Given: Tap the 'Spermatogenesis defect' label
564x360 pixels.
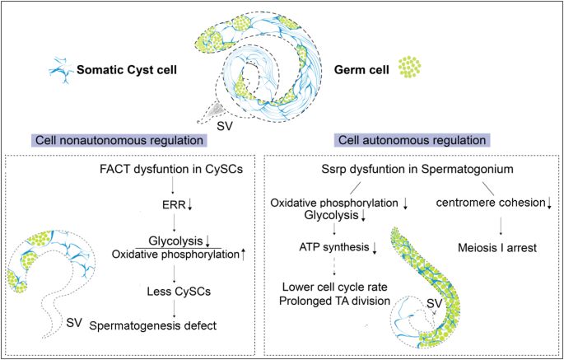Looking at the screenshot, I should point(153,325).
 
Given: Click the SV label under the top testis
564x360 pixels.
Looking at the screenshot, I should point(224,126).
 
